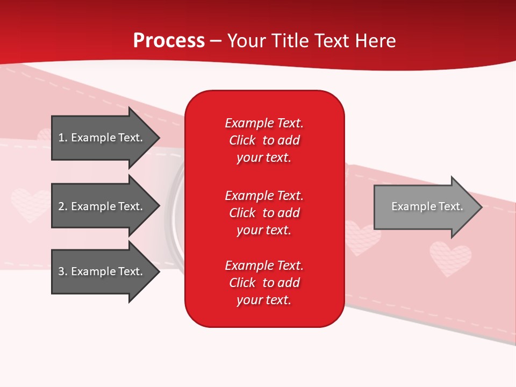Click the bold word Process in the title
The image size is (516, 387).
click(169, 41)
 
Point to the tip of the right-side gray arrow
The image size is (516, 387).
click(481, 207)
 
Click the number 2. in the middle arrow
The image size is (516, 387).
click(63, 206)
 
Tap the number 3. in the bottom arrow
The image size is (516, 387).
click(63, 271)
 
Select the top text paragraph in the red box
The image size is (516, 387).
click(264, 140)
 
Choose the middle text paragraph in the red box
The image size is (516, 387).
click(264, 213)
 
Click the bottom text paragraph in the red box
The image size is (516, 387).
click(264, 283)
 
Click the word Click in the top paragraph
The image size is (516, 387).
click(242, 140)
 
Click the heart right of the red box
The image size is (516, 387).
click(361, 238)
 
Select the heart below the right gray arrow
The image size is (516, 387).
click(450, 258)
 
